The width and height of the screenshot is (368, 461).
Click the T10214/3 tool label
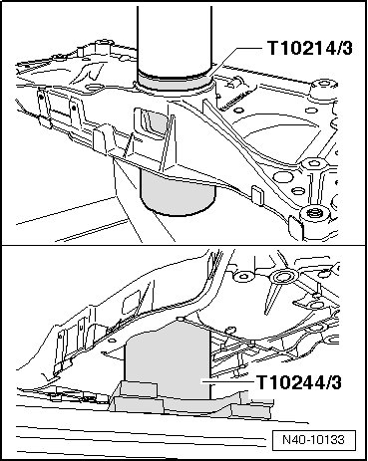(x=309, y=48)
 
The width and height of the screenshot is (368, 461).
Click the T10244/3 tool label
(x=299, y=382)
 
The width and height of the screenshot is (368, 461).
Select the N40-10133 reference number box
(x=314, y=440)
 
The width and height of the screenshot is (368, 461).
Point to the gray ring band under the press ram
(x=175, y=82)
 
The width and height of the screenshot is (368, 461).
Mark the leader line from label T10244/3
(x=228, y=381)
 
